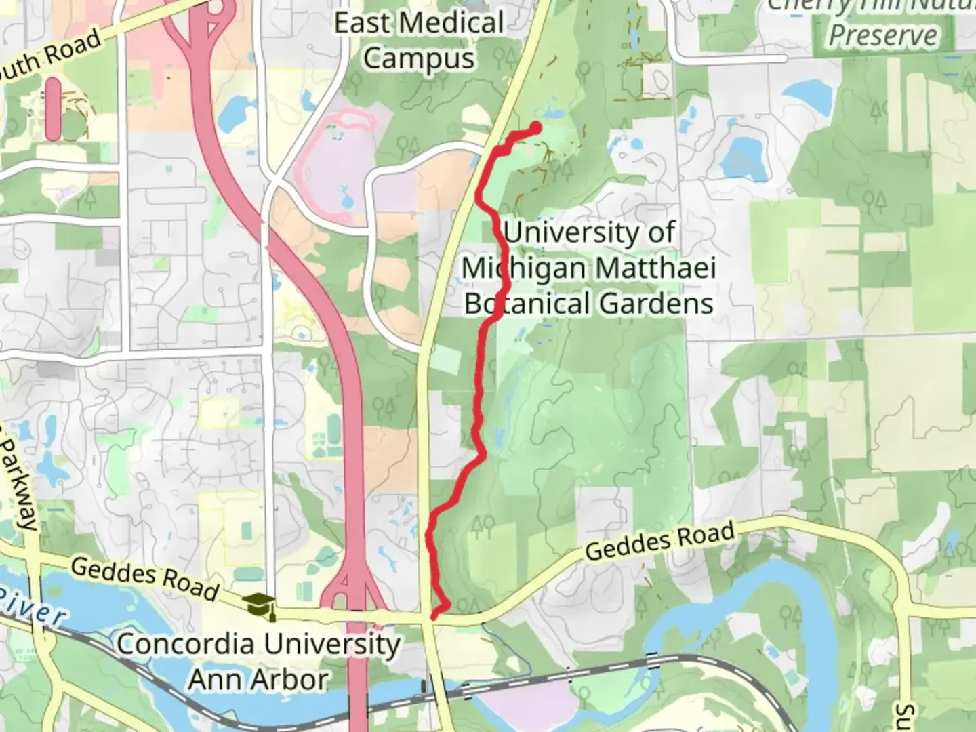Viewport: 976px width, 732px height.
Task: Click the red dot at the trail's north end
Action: (535, 127)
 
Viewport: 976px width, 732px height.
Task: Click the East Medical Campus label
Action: (419, 41)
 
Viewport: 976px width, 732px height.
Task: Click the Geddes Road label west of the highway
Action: (144, 578)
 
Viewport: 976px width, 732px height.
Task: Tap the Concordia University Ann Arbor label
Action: (258, 661)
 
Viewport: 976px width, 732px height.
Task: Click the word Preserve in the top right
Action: (883, 36)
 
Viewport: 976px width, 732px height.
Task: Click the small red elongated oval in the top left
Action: (53, 108)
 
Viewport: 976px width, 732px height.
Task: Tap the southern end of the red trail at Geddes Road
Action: (434, 615)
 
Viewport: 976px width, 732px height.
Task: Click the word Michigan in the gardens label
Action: (523, 268)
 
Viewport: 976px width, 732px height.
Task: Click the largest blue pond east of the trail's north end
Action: (744, 156)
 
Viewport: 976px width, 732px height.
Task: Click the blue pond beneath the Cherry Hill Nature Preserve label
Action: (809, 95)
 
